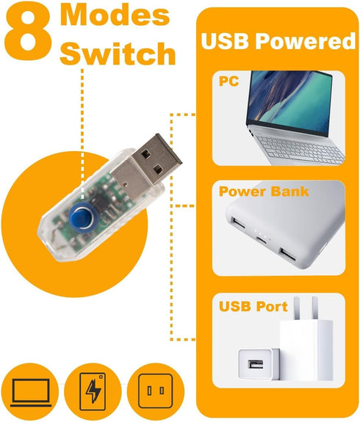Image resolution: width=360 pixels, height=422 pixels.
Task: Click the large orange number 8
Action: click(x=28, y=32)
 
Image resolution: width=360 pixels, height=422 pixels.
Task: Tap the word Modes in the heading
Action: click(x=115, y=15)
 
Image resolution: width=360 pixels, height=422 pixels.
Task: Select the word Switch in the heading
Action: click(x=118, y=54)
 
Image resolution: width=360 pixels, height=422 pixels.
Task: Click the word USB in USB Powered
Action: click(x=225, y=41)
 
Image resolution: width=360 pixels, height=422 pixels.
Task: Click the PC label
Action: click(x=228, y=81)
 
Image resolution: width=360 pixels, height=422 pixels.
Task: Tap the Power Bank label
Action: click(x=264, y=192)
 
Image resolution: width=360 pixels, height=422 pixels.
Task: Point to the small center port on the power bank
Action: click(x=262, y=239)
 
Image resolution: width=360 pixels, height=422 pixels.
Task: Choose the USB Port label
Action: click(x=253, y=306)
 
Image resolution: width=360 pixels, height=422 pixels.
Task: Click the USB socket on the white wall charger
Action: click(x=255, y=365)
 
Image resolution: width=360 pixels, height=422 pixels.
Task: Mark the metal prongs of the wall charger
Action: click(x=306, y=308)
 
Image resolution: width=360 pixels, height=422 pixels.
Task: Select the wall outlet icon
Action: click(x=155, y=390)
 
